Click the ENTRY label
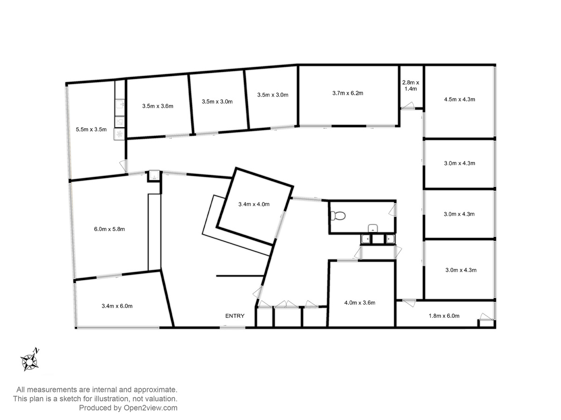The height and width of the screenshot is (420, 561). point(235,316)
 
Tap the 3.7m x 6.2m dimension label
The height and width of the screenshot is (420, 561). point(348,93)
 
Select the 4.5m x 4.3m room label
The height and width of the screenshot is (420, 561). point(460,99)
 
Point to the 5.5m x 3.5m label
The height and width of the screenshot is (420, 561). point(91,129)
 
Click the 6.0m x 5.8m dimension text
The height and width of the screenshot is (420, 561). point(109,229)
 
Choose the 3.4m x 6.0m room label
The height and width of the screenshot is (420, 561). point(117,306)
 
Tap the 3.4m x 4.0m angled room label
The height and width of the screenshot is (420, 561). point(254,204)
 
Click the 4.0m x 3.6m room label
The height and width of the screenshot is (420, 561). point(360,303)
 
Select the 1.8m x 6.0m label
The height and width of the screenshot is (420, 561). point(444,316)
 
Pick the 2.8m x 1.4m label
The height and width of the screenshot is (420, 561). point(410,86)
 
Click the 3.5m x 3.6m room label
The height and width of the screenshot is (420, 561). point(158,106)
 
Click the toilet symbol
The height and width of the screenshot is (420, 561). point(338,216)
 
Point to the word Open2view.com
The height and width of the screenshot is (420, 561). point(150,408)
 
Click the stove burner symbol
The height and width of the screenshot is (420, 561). point(119,134)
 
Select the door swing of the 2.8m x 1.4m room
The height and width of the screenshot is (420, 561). point(408,105)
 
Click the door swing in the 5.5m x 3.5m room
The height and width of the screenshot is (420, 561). point(123,166)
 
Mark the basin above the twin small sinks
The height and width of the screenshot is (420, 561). point(373,228)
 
